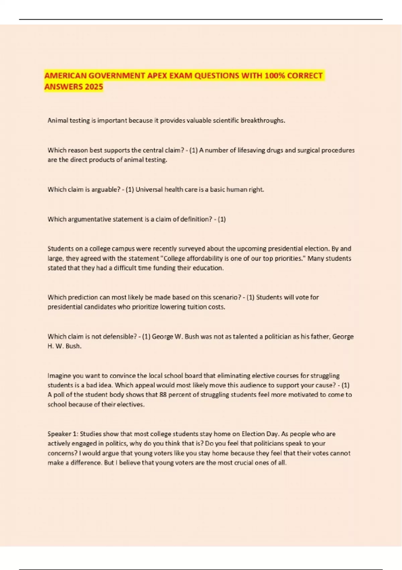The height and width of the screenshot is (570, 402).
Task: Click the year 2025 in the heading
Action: (x=94, y=87)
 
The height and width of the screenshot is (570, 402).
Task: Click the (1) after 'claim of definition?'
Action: (x=222, y=219)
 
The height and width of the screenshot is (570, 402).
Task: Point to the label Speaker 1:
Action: (x=63, y=434)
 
